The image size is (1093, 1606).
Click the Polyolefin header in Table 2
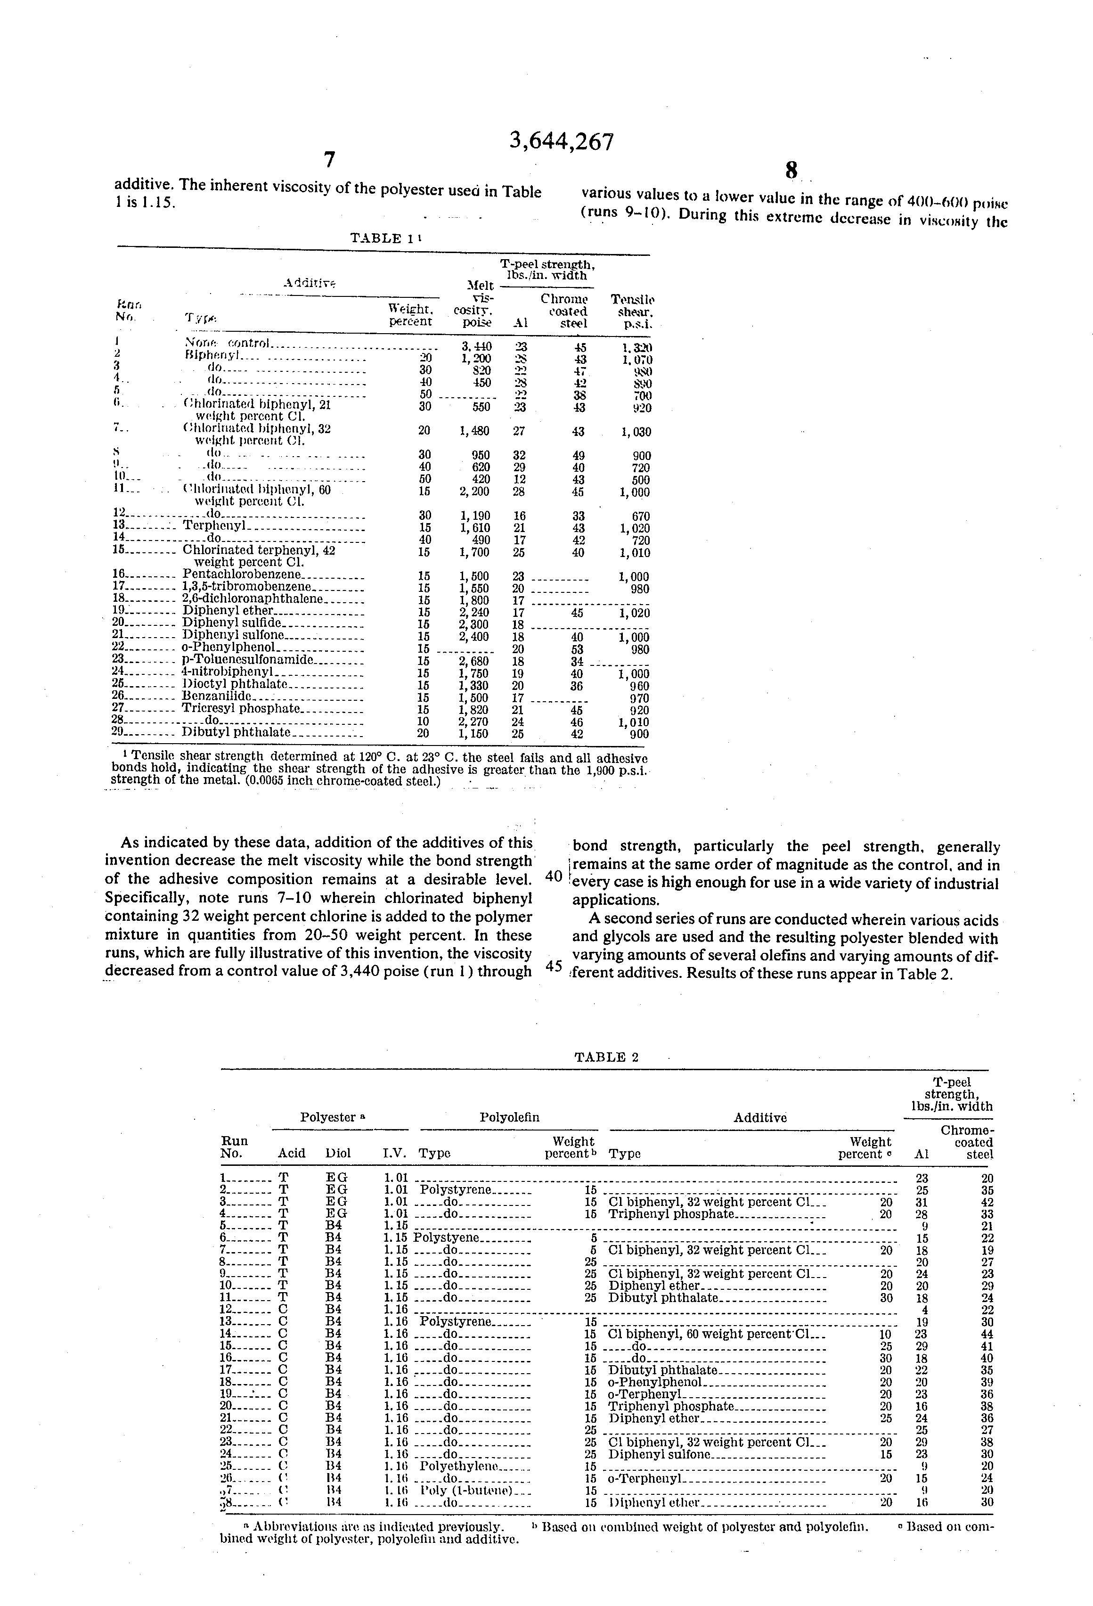pos(509,1117)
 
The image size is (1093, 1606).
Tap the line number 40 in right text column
pos(554,876)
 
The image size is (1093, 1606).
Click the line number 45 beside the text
pos(554,966)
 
